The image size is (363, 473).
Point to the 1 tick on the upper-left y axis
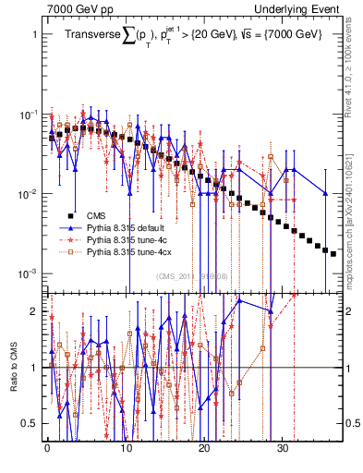coord(34,34)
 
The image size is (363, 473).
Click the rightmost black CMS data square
coord(333,253)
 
